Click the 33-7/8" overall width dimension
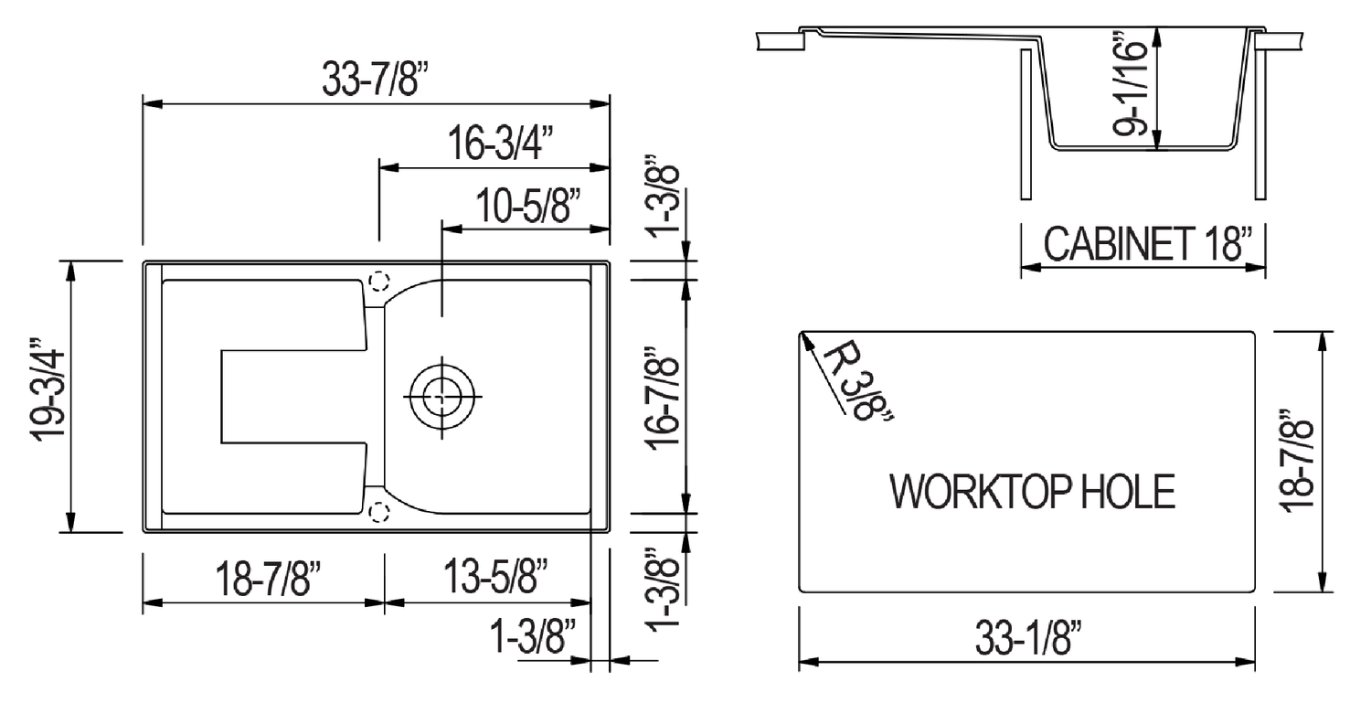coord(375,80)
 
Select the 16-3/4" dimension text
coord(501,145)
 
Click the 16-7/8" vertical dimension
coord(665,395)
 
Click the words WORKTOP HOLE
coord(1032,493)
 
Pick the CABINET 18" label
coord(1147,245)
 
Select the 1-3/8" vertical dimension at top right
coord(665,198)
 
